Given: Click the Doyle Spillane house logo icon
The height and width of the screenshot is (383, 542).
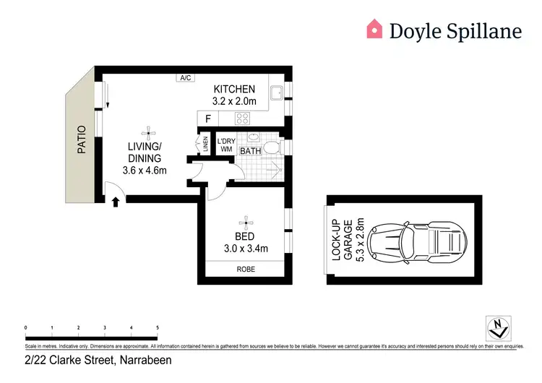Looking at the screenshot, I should click(374, 29).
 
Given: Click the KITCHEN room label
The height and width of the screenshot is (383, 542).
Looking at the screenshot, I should click(234, 89).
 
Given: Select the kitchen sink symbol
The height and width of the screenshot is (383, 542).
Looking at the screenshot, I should click(275, 93).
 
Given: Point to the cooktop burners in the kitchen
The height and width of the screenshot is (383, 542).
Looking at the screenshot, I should click(244, 119).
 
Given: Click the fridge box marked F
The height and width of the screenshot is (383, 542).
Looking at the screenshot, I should click(208, 119).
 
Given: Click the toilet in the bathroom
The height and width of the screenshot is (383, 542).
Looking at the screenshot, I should click(272, 147).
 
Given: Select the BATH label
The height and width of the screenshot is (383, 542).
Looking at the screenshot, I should click(250, 151).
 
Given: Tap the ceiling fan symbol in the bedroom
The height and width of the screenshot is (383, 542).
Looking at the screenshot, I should click(246, 223).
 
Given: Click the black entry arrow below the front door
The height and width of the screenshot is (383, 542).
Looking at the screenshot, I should click(116, 202).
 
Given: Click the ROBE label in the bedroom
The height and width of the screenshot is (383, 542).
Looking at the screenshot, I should click(246, 270).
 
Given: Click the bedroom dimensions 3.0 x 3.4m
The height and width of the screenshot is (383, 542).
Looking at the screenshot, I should click(246, 249).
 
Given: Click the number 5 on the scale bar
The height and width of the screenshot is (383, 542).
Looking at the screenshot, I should click(158, 327).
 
